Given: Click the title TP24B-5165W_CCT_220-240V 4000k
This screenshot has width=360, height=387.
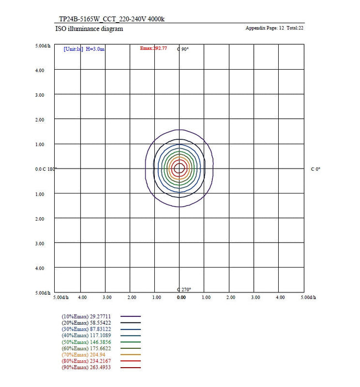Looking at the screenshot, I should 112,19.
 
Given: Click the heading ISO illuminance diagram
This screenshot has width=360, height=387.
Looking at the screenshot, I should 89,29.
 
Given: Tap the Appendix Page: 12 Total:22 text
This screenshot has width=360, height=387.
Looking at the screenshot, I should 274,28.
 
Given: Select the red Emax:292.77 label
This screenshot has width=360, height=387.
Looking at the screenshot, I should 154,49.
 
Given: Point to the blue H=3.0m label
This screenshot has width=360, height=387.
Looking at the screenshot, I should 95,49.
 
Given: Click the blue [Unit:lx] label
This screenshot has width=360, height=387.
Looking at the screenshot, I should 74,49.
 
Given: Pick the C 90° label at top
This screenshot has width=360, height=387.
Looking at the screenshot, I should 183,49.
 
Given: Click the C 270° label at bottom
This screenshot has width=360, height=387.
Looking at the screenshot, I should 183,289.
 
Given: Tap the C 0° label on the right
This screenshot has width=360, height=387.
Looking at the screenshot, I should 315,169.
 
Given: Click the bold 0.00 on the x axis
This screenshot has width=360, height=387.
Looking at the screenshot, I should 181,297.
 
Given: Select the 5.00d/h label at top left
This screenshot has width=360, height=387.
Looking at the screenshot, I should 45,45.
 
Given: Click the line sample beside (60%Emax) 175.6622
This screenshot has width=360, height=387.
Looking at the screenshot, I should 131,349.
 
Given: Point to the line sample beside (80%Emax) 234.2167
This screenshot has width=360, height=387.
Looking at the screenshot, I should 131,362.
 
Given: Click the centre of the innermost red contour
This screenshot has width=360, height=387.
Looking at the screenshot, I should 179,169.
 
